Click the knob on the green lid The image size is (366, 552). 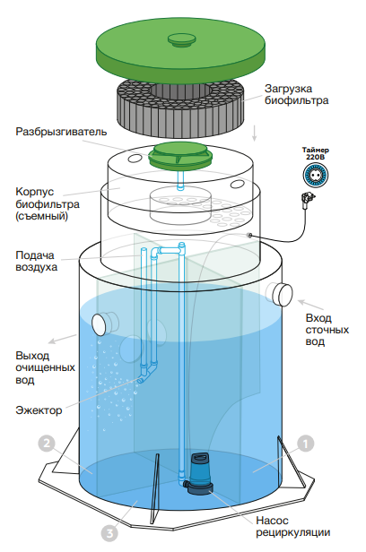pyautogui.click(x=180, y=39)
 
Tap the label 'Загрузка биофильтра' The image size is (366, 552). pyautogui.click(x=296, y=94)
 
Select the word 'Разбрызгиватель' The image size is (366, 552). pyautogui.click(x=61, y=132)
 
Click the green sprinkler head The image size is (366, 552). pyautogui.click(x=180, y=155)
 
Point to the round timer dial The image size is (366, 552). pyautogui.click(x=316, y=175)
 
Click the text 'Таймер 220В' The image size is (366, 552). pyautogui.click(x=315, y=153)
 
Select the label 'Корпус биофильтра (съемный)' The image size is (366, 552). pyautogui.click(x=48, y=203)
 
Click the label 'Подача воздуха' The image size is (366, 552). pyautogui.click(x=36, y=261)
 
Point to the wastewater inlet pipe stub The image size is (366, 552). pyautogui.click(x=280, y=294)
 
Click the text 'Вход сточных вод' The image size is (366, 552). pyautogui.click(x=327, y=330)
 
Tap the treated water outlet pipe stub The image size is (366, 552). pyautogui.click(x=105, y=323)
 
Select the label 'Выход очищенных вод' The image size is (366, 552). pyautogui.click(x=45, y=367)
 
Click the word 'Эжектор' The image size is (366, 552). pyautogui.click(x=39, y=410)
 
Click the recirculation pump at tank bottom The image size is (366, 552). pyautogui.click(x=199, y=474)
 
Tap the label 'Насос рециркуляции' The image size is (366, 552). pyautogui.click(x=292, y=526)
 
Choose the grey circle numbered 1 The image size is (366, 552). pyautogui.click(x=305, y=444)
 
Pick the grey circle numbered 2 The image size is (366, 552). pyautogui.click(x=46, y=444)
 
